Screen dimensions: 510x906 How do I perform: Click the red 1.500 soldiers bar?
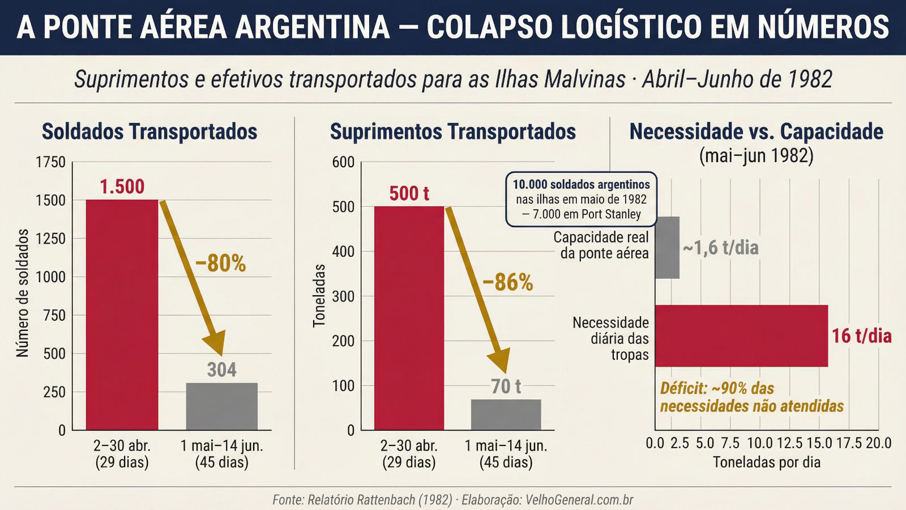click(x=122, y=314)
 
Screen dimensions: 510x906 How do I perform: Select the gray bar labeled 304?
click(x=221, y=406)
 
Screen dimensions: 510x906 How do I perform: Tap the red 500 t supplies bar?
click(x=409, y=318)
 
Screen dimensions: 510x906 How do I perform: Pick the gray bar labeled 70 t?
click(x=506, y=414)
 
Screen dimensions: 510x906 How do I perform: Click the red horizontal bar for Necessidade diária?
click(x=741, y=335)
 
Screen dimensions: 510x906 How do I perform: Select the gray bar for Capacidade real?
click(x=667, y=248)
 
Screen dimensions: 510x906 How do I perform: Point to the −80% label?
click(x=221, y=263)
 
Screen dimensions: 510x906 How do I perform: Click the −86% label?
click(x=508, y=282)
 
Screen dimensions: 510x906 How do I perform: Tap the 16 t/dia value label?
click(x=861, y=336)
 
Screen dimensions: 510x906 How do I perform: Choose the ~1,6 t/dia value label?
click(x=720, y=248)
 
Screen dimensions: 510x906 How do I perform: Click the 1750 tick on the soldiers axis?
click(x=50, y=162)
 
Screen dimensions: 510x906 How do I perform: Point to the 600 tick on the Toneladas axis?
click(x=343, y=162)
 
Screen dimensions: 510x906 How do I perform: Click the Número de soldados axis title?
click(x=23, y=293)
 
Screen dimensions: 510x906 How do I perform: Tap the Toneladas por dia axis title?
click(x=766, y=462)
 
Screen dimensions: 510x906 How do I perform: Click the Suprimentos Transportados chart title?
click(x=452, y=131)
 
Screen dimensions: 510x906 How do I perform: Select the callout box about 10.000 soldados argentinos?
click(x=581, y=199)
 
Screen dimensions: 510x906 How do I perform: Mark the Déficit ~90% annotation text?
click(x=751, y=397)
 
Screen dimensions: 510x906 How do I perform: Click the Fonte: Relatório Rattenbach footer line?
click(x=452, y=500)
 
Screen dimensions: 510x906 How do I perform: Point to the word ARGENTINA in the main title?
click(x=312, y=27)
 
